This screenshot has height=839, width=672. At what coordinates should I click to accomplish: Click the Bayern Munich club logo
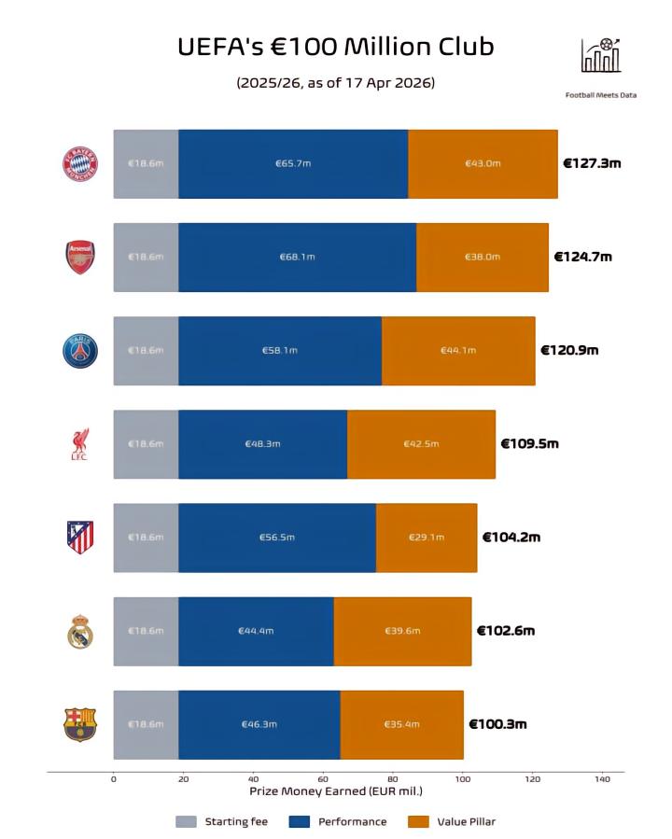point(79,163)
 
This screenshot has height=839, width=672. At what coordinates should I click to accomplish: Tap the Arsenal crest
point(79,257)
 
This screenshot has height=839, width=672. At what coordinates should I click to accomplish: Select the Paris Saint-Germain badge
point(79,350)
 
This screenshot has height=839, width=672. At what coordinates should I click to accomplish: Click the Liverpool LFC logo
point(79,444)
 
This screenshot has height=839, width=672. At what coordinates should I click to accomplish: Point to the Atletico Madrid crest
point(79,537)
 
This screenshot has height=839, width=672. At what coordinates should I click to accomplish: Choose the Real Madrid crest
point(79,631)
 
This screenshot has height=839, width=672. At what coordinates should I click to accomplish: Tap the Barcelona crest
point(79,724)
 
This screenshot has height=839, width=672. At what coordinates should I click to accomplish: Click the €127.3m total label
point(592,163)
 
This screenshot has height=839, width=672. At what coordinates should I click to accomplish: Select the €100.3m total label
point(497,724)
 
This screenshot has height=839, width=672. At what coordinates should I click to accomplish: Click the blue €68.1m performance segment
point(297,257)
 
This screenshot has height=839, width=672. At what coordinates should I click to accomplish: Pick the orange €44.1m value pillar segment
point(458,350)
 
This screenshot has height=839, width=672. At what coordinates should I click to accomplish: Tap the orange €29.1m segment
point(427,537)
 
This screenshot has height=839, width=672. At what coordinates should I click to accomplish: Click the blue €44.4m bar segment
point(256,631)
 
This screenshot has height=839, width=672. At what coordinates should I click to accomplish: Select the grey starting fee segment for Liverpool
point(146,444)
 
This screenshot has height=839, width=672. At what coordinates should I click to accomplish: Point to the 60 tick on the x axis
point(323,778)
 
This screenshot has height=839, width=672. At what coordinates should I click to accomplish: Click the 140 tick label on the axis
point(602,778)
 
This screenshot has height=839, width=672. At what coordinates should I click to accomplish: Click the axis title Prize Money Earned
point(335,791)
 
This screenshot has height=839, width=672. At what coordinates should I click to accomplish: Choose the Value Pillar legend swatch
point(419,822)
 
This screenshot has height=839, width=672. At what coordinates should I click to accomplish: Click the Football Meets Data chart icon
point(600,56)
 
